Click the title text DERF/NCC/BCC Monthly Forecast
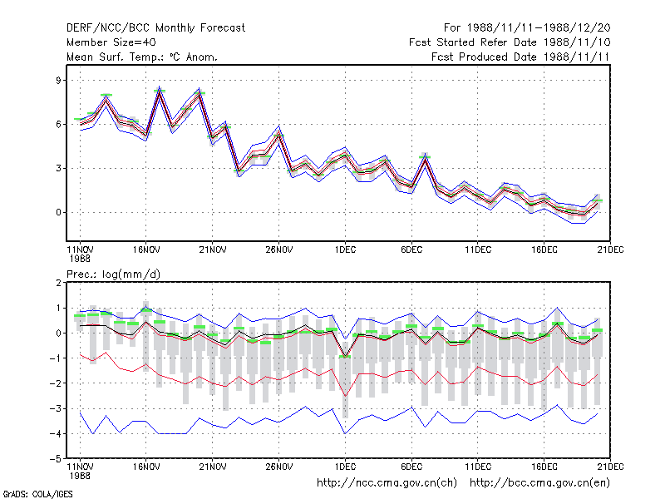click(x=155, y=28)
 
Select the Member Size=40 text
click(x=111, y=42)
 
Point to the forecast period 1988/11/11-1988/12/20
click(x=539, y=28)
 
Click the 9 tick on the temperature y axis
click(x=58, y=80)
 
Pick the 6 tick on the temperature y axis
click(x=58, y=124)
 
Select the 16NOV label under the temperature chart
click(x=146, y=250)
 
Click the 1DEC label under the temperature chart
click(x=345, y=250)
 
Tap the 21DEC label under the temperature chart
click(x=610, y=250)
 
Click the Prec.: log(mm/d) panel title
click(x=113, y=274)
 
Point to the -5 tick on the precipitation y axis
click(x=56, y=459)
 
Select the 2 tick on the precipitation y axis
click(x=58, y=283)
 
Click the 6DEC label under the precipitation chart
click(x=411, y=467)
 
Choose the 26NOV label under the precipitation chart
click(x=279, y=467)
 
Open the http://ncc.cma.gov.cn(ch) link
click(x=387, y=483)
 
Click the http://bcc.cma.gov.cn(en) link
click(x=539, y=483)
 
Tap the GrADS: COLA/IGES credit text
click(x=37, y=494)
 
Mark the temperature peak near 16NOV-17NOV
click(x=160, y=91)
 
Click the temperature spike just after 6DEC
click(x=425, y=158)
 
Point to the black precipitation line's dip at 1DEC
click(x=345, y=356)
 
